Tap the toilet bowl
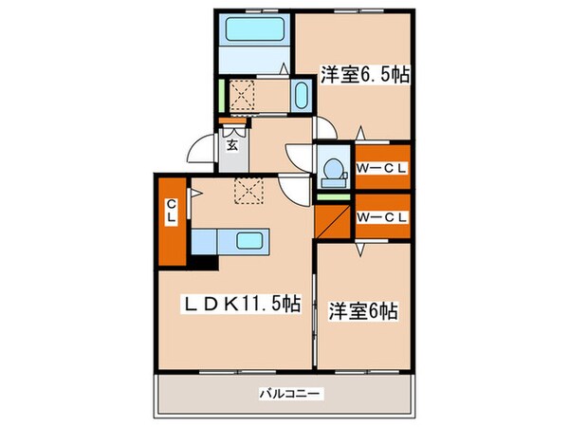pos(332,170)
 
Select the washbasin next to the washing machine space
pos(302,97)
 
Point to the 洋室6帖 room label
pos(363,309)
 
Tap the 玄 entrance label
pos(231,146)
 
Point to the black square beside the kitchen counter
pos(206,255)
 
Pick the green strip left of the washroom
pos(221,96)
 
